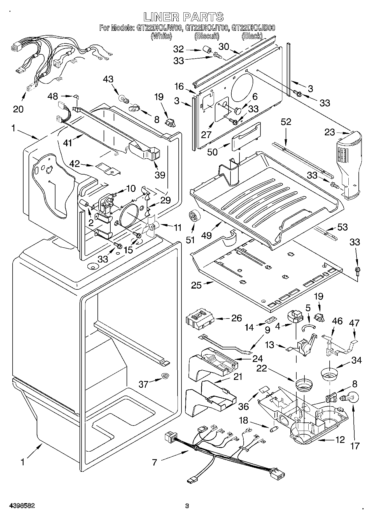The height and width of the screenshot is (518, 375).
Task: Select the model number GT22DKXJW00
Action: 160,28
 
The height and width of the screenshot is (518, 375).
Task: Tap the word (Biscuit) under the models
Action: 207,36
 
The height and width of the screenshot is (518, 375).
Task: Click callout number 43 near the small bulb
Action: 108,79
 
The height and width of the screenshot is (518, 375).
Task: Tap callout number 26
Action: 237,318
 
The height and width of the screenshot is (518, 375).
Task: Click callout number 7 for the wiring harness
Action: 155,462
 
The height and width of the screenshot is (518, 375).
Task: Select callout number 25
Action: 196,285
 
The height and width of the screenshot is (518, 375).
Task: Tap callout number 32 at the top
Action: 178,49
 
